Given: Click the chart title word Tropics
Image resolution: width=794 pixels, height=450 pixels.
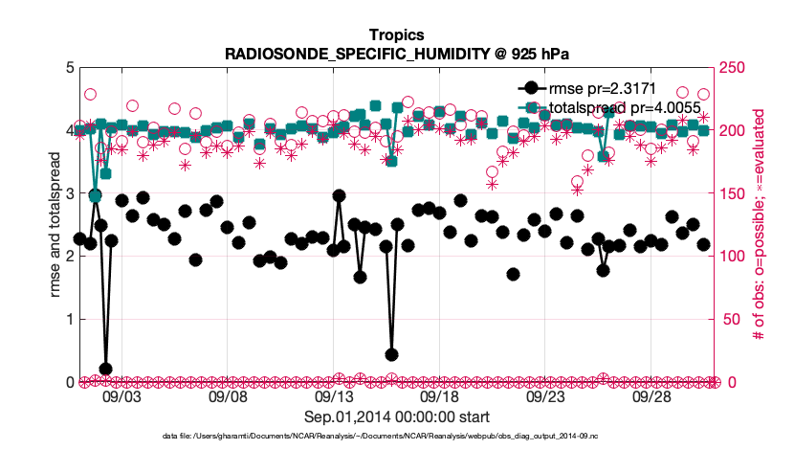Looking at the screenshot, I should pyautogui.click(x=396, y=36).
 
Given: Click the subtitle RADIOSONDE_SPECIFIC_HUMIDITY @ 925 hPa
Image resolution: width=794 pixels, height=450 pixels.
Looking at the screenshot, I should pyautogui.click(x=396, y=54).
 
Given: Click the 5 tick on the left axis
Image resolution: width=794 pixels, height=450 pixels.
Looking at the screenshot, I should pyautogui.click(x=69, y=68).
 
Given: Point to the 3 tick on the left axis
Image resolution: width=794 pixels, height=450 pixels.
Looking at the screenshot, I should pyautogui.click(x=69, y=193).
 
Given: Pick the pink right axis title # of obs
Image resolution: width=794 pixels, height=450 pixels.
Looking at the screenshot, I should pyautogui.click(x=755, y=225).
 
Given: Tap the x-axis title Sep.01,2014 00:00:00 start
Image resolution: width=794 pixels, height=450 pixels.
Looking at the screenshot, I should pyautogui.click(x=397, y=416).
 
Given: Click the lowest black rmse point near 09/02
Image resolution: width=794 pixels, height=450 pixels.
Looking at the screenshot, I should pyautogui.click(x=106, y=370).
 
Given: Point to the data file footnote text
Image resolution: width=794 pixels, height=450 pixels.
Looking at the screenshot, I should pyautogui.click(x=397, y=436).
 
